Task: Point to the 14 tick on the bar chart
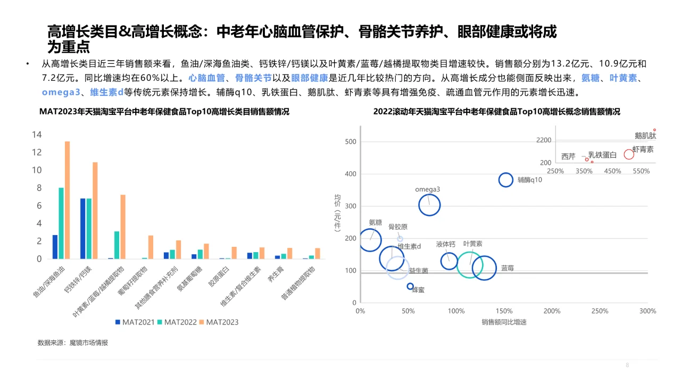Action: (37, 135)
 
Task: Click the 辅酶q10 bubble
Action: (505, 180)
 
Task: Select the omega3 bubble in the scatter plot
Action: (429, 205)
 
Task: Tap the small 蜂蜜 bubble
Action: (410, 286)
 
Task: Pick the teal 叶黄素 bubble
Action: (470, 264)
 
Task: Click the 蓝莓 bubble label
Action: (508, 268)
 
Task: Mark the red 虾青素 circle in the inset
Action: (629, 154)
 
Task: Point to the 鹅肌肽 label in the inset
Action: (645, 136)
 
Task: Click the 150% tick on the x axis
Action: (504, 311)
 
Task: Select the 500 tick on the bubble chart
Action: (350, 142)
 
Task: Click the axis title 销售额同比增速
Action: (504, 322)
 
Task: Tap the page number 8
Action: (627, 365)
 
